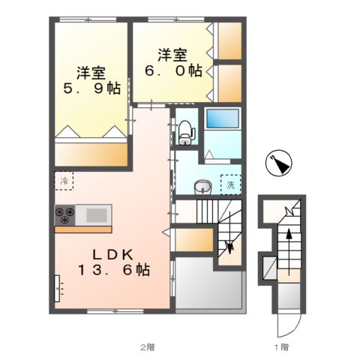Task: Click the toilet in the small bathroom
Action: pos(187,133)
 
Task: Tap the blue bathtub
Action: pos(223,118)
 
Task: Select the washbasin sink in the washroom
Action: pos(203,187)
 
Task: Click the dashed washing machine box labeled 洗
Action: pos(231,184)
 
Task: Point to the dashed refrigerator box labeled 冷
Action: pos(64,181)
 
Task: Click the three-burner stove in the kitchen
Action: pos(65,215)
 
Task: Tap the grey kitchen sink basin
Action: pos(97,215)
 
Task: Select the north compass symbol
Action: pos(279,163)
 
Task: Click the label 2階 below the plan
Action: pos(148,347)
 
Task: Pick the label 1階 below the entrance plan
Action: pos(282,347)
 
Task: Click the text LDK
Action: pos(112,255)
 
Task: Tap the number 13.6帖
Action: pos(114,270)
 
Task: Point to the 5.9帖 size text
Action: pos(92,88)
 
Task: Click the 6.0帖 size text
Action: pos(174,70)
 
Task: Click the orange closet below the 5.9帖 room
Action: pos(91,154)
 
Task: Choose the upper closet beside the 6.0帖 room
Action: pos(229,41)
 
